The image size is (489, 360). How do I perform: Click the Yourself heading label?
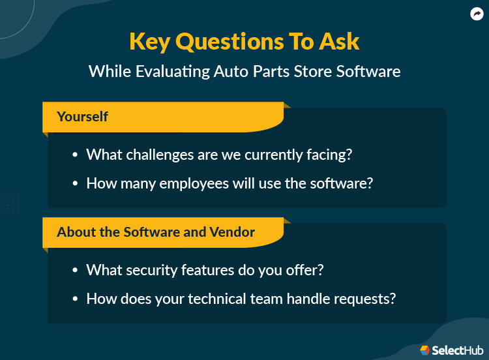82,117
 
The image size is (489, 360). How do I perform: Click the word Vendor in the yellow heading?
233,232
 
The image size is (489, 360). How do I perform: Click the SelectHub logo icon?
426,350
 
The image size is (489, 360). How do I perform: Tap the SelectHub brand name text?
456,350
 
